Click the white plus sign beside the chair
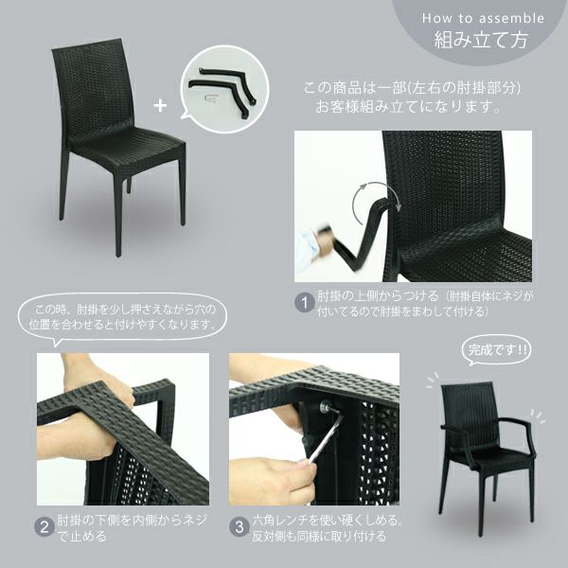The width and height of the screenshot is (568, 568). pyautogui.click(x=160, y=106)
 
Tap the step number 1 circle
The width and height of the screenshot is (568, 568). pyautogui.click(x=305, y=303)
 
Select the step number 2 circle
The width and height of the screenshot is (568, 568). pyautogui.click(x=44, y=527)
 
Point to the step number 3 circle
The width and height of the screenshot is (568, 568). pyautogui.click(x=240, y=527)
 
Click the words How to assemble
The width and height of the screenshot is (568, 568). pyautogui.click(x=483, y=18)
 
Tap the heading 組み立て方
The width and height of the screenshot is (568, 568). pyautogui.click(x=481, y=40)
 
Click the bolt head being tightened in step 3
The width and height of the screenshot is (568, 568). pyautogui.click(x=324, y=406)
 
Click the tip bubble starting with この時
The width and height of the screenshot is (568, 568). pyautogui.click(x=122, y=318)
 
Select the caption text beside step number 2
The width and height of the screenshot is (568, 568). pyautogui.click(x=133, y=528)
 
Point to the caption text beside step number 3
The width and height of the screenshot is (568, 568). pyautogui.click(x=328, y=528)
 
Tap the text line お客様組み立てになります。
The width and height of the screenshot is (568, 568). pyautogui.click(x=408, y=107)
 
